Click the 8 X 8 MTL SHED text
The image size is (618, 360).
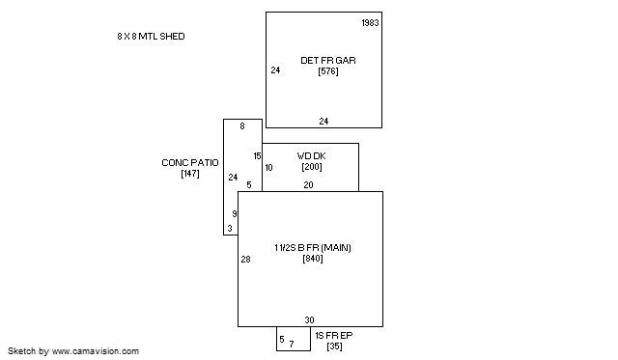[151, 37]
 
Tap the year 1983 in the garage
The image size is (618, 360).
[370, 23]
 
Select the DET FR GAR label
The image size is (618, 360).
[328, 60]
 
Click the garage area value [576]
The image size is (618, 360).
[328, 71]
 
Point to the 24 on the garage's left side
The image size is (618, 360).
[275, 70]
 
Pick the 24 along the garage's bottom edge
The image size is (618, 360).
[323, 122]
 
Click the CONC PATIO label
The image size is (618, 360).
[190, 163]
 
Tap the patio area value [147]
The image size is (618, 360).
[190, 174]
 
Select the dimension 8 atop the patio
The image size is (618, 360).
[242, 126]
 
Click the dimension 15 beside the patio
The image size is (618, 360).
[258, 156]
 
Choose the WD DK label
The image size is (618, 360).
[311, 156]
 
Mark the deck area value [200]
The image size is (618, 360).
[312, 167]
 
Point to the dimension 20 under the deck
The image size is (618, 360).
[308, 184]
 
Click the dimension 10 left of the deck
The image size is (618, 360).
[268, 168]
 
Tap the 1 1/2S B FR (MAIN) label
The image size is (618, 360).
[313, 248]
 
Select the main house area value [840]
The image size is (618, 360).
[313, 259]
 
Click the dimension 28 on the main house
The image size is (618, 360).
[245, 260]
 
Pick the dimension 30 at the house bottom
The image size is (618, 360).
[309, 320]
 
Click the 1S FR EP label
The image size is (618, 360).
[334, 336]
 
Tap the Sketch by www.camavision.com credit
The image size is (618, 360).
[73, 351]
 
